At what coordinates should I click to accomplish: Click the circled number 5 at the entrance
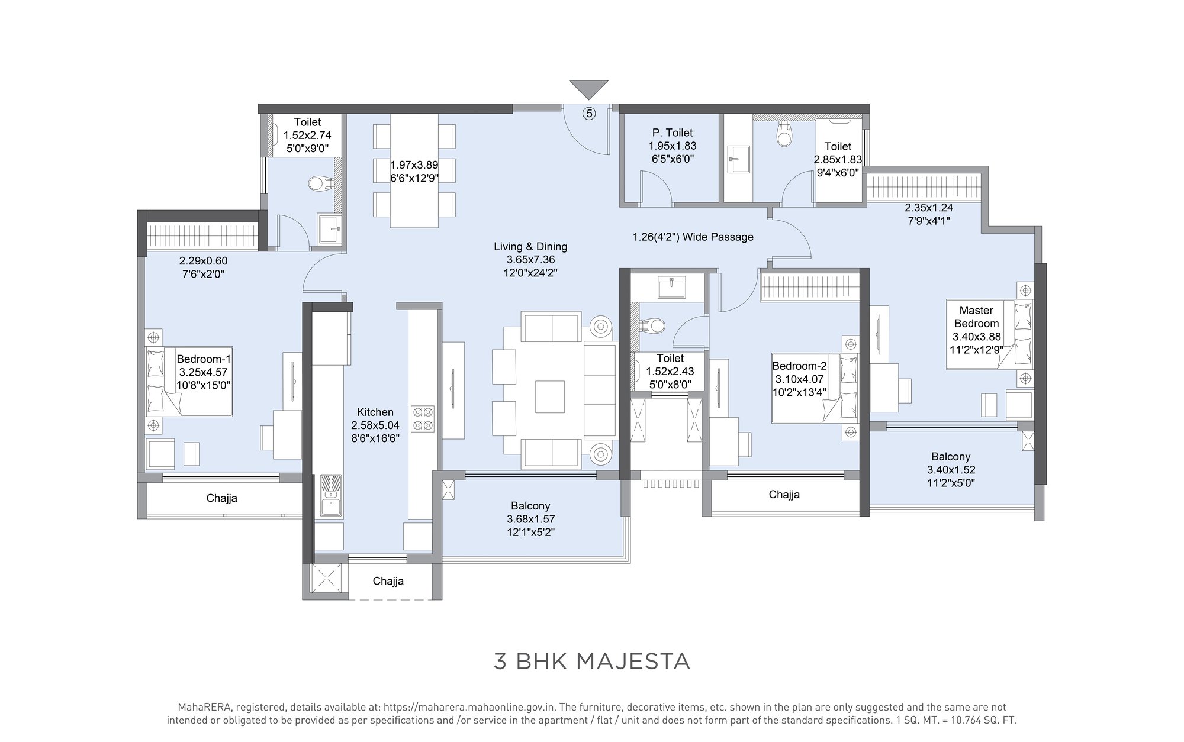(x=588, y=113)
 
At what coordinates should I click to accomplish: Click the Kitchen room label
(x=375, y=412)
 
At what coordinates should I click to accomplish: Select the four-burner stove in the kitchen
(x=423, y=418)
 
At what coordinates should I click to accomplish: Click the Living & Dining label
(x=530, y=247)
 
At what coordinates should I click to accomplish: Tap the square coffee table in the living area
(x=549, y=396)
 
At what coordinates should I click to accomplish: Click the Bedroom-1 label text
(x=204, y=359)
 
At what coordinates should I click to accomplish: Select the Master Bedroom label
(x=976, y=317)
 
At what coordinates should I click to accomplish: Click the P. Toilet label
(x=673, y=133)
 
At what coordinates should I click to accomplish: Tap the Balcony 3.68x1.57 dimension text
(x=530, y=519)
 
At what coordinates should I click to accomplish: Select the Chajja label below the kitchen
(x=388, y=581)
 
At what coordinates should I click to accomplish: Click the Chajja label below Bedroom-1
(x=221, y=498)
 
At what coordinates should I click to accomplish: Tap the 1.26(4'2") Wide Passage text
(x=693, y=237)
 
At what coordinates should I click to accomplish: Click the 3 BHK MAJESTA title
(x=592, y=662)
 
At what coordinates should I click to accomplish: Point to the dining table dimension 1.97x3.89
(x=414, y=166)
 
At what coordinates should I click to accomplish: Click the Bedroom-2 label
(x=799, y=366)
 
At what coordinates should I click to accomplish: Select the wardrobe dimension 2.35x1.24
(x=929, y=208)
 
